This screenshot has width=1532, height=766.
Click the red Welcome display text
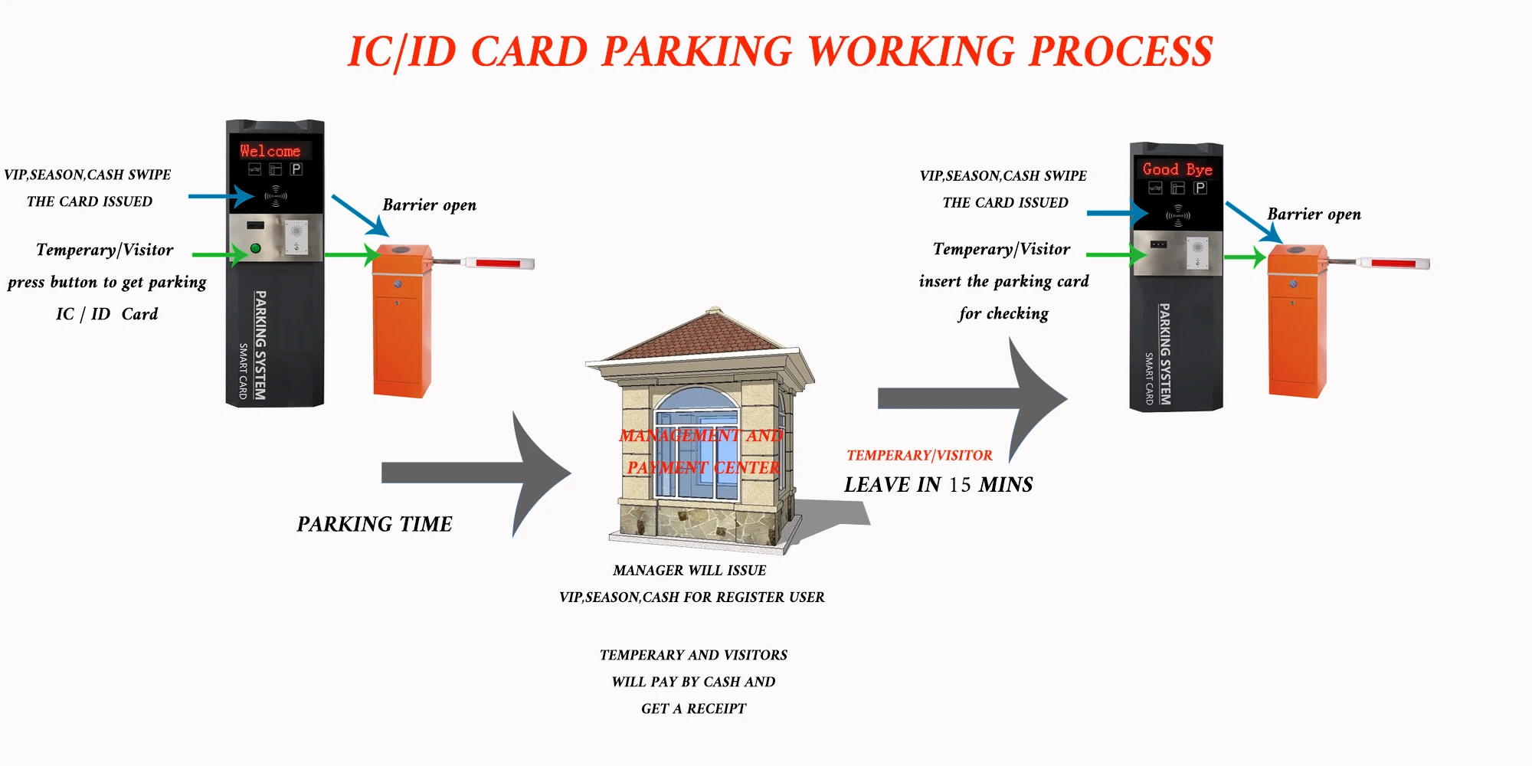(x=270, y=151)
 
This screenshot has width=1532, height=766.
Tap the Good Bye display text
(x=1177, y=169)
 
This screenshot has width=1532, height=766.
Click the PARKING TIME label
(x=375, y=524)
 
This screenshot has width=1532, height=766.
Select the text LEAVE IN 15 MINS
(x=938, y=485)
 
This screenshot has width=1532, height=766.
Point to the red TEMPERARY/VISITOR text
(x=919, y=456)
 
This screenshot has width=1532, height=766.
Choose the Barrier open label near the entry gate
(x=429, y=205)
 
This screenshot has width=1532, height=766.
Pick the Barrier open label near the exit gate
(x=1314, y=214)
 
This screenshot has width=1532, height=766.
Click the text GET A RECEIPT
(x=693, y=709)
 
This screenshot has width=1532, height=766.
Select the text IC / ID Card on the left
(x=106, y=314)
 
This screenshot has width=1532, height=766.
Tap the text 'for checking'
(x=1003, y=313)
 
